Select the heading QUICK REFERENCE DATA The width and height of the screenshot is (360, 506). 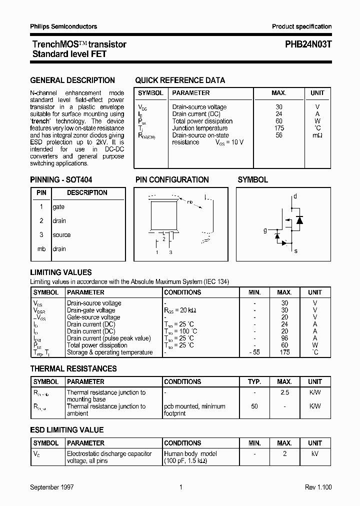180,80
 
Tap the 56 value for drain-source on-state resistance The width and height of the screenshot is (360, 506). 279,135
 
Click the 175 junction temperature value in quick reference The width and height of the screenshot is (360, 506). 279,128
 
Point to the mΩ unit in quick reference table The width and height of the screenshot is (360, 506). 317,135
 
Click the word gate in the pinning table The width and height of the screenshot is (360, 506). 58,207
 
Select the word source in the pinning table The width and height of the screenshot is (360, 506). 61,235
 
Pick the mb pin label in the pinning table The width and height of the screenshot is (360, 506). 41,249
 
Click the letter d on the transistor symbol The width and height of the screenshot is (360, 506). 295,196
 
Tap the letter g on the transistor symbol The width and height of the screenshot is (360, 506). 265,230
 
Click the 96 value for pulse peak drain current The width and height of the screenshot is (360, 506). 284,338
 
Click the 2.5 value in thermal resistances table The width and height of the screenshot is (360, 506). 284,392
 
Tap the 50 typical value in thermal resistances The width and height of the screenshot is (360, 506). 254,406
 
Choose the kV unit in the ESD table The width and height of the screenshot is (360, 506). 315,454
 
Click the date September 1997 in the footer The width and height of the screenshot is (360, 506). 52,487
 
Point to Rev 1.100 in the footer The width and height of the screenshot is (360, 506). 318,487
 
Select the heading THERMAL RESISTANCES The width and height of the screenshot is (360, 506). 73,369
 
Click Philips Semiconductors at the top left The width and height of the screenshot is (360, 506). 63,26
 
